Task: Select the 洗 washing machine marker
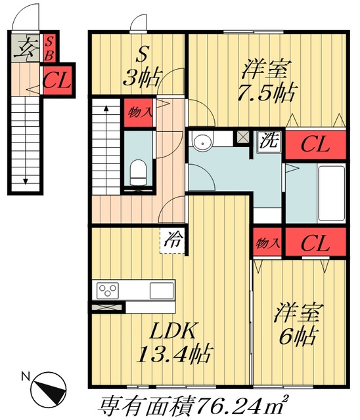click(x=268, y=140)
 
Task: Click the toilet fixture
click(x=139, y=171)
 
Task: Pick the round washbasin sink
click(x=202, y=140)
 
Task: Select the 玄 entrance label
click(x=26, y=48)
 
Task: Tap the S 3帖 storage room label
click(x=139, y=68)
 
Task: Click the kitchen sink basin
click(x=160, y=289)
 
